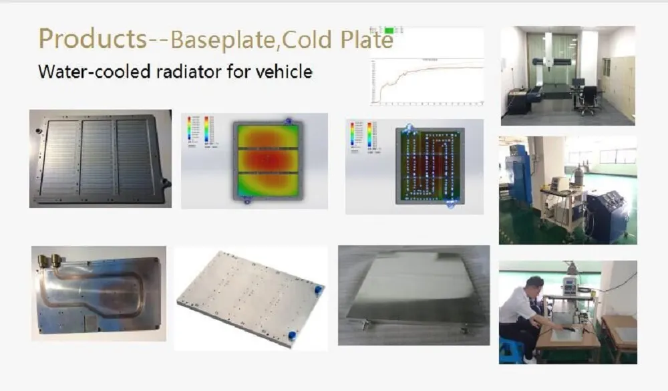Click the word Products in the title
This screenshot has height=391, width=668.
tap(92, 39)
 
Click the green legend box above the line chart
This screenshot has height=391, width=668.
tap(389, 31)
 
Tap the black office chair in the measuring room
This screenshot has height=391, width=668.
tap(589, 99)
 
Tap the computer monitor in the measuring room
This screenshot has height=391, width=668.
tap(577, 83)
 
